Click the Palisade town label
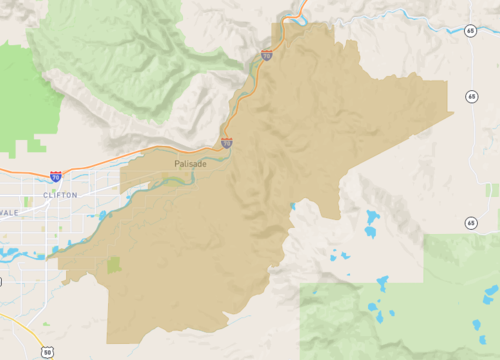coord(190,163)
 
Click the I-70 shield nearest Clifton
coord(56,176)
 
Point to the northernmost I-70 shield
coord(267,55)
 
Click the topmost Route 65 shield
coord(470,31)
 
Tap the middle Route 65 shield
coord(470,96)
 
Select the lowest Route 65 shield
coord(470,223)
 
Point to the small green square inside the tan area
coord(113,265)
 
